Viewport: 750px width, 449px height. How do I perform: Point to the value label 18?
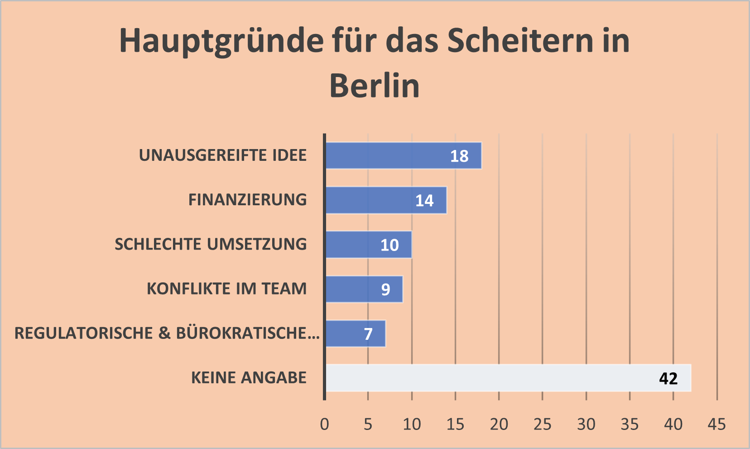click(459, 156)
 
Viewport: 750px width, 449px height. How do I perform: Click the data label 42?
click(668, 378)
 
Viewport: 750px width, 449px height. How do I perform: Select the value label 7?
click(368, 334)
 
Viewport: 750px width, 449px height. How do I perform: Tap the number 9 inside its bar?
click(385, 290)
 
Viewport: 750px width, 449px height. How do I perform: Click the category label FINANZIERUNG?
click(247, 200)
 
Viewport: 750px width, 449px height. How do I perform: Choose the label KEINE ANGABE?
click(249, 378)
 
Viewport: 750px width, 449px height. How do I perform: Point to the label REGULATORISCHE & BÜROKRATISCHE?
click(167, 333)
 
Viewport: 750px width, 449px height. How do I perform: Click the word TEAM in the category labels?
click(284, 289)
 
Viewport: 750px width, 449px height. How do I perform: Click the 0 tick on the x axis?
click(324, 425)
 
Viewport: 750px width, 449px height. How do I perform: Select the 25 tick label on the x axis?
click(542, 425)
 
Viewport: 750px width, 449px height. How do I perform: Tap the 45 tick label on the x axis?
click(716, 425)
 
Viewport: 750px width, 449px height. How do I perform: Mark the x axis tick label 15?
click(455, 425)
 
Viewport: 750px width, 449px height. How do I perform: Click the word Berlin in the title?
click(375, 86)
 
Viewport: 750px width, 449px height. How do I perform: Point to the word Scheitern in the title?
click(520, 41)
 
